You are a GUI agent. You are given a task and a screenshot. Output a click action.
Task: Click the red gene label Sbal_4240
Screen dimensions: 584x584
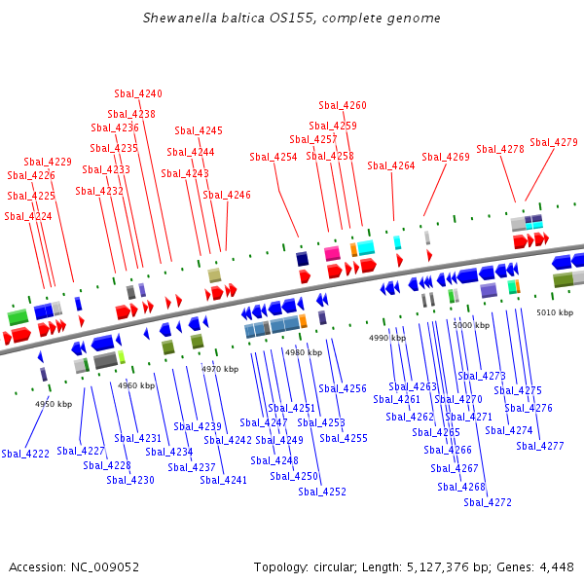138,93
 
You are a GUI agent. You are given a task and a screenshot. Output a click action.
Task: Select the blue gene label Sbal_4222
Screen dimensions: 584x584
25,454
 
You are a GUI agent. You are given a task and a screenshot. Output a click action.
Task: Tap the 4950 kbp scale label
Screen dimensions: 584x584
54,404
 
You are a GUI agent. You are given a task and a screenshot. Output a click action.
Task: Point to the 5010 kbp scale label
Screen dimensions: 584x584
555,312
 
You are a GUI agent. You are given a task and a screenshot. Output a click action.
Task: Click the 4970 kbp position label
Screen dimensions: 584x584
220,369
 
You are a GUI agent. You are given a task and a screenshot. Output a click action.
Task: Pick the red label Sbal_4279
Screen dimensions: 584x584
554,142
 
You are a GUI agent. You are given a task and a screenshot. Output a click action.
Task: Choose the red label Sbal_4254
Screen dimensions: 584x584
274,157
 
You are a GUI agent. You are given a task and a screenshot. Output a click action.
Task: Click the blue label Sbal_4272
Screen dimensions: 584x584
488,502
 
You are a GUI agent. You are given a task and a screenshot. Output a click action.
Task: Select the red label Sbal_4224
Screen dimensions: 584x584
28,216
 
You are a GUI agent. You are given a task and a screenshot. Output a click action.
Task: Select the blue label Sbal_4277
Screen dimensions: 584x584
540,446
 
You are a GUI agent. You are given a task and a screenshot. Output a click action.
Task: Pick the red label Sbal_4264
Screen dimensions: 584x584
391,165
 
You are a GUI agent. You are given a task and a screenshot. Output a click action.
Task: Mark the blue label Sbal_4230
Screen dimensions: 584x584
130,480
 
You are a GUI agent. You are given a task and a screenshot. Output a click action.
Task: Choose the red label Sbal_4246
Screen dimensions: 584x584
227,195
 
